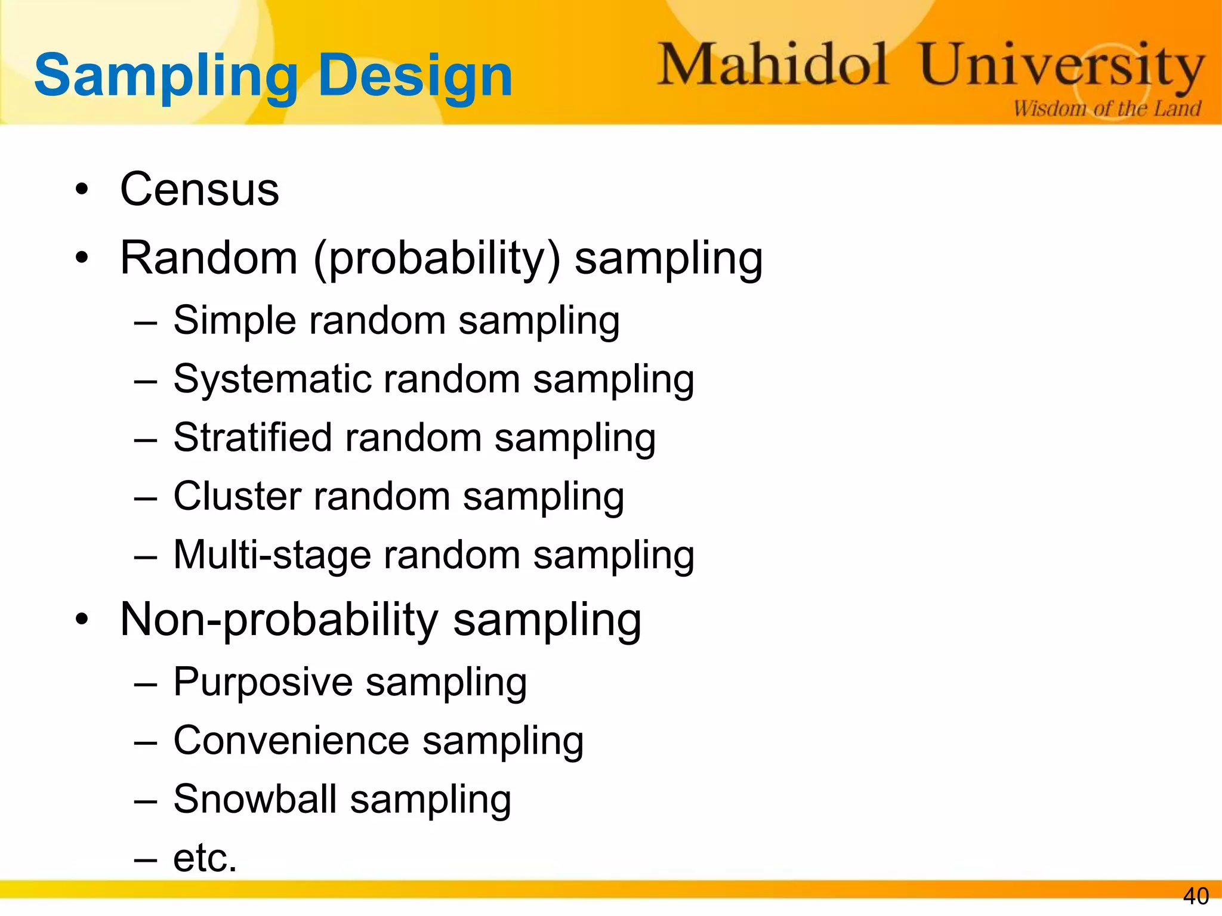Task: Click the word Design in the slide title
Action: [x=415, y=76]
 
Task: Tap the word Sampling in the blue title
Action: [x=166, y=76]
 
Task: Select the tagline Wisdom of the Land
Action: [x=1107, y=109]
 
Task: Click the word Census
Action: [x=199, y=190]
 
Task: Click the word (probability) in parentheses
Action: [x=437, y=259]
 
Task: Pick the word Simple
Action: [x=234, y=321]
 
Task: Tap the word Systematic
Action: [x=271, y=380]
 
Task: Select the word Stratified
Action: [x=252, y=438]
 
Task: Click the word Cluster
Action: [x=237, y=496]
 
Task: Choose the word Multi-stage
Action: [x=271, y=555]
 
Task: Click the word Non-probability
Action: [x=279, y=620]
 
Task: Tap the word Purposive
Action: [x=263, y=682]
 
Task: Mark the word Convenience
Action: [x=291, y=741]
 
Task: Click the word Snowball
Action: [x=255, y=799]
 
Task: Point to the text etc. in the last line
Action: [x=205, y=858]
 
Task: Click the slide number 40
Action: [x=1195, y=896]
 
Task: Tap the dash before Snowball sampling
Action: [x=146, y=801]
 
